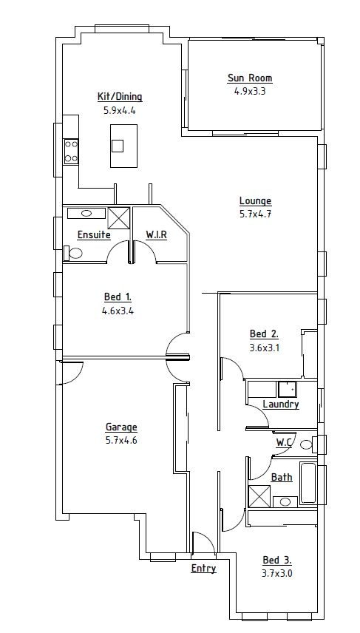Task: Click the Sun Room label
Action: pos(250,78)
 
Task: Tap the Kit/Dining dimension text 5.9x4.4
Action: pos(120,110)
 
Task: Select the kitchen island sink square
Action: pos(118,146)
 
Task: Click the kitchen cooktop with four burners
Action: pos(71,152)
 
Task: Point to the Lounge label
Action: pos(256,201)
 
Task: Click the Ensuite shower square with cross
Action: pos(119,218)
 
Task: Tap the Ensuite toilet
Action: pos(73,253)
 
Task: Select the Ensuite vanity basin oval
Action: pos(86,213)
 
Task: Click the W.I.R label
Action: pos(156,234)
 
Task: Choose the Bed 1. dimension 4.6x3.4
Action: pos(118,311)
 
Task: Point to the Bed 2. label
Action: pos(264,334)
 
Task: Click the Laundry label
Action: pos(281,404)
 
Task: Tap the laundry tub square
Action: pos(287,389)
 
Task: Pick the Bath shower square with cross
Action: pos(259,496)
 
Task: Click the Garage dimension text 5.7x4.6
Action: pos(121,440)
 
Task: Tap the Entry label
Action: pos(203,569)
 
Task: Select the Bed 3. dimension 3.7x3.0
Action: pos(277,573)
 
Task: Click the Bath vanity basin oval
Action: pos(285,502)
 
